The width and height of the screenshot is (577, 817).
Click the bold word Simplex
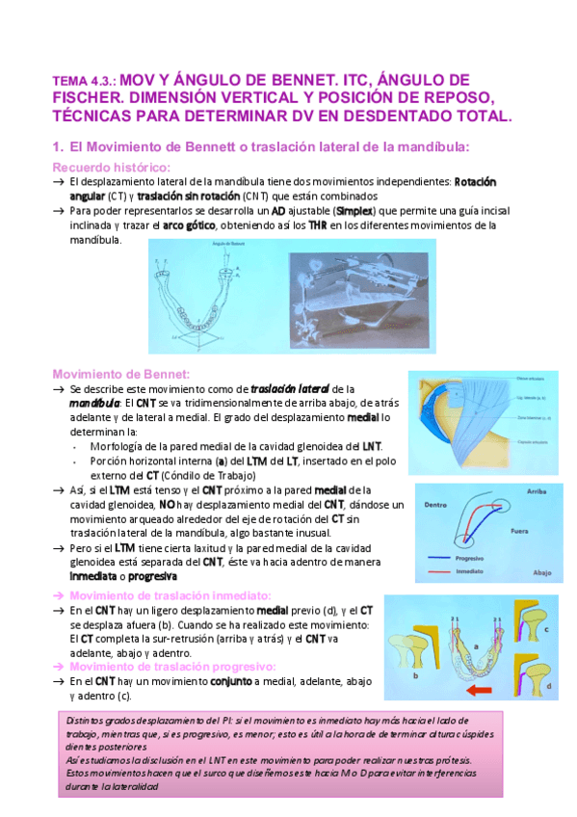(357, 210)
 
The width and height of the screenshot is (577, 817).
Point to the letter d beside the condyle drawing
(548, 685)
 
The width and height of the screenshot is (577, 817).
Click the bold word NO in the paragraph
(167, 504)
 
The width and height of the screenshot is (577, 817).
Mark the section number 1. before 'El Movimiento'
(57, 146)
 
